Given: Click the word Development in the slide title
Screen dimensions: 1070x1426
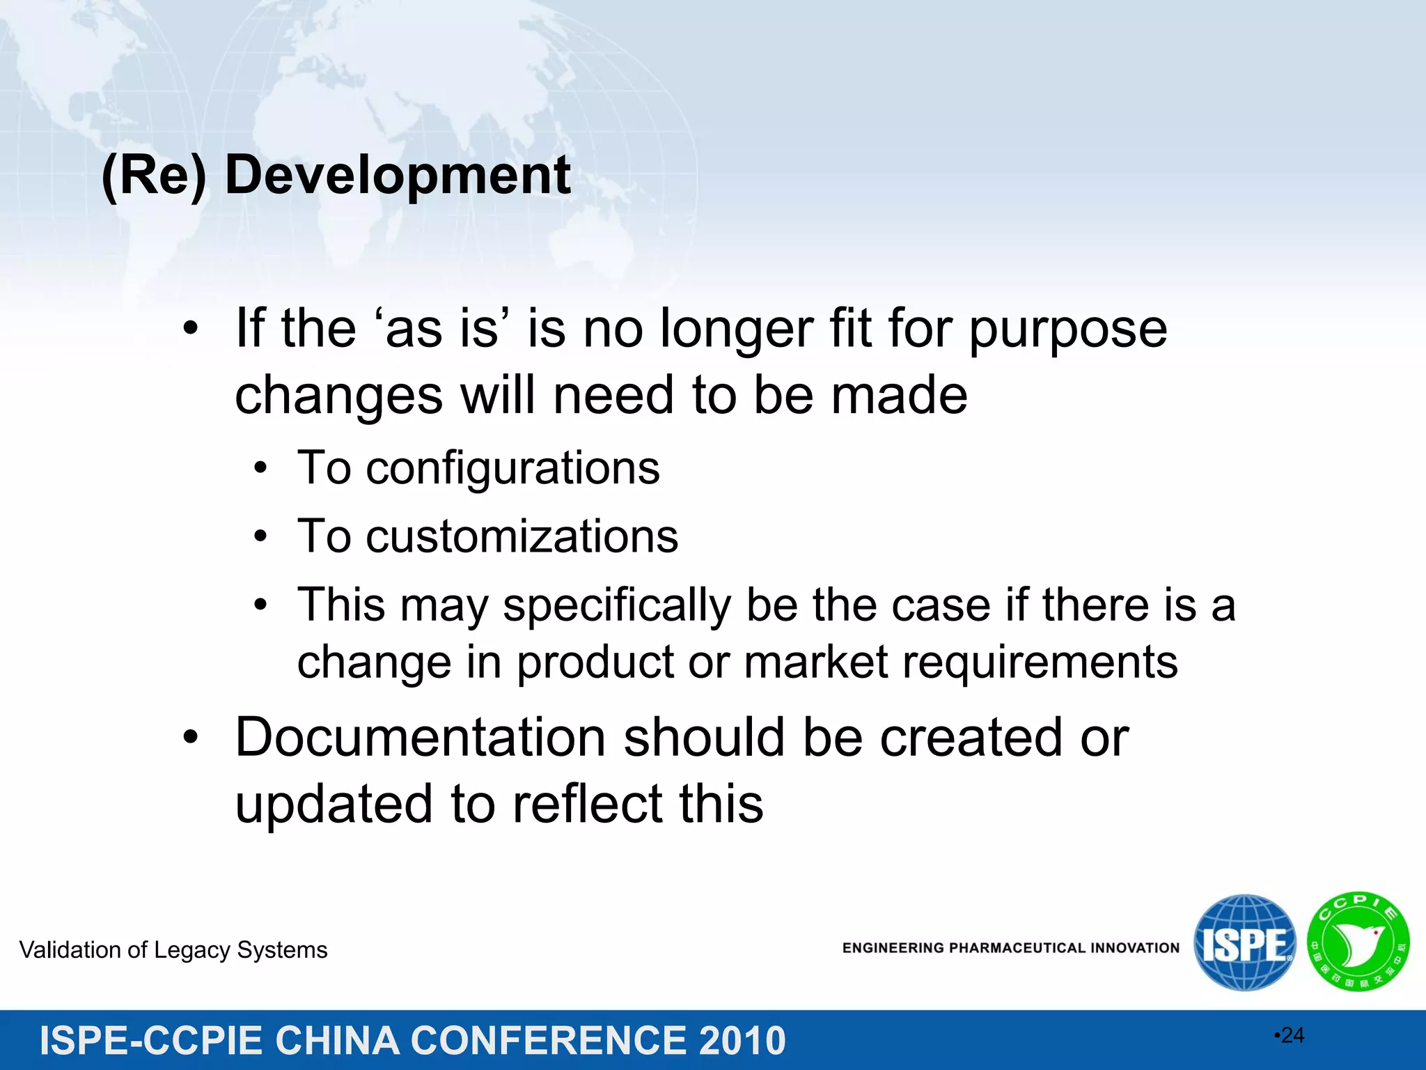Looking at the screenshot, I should (x=398, y=176).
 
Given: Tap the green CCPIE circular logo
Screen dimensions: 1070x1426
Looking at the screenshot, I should (x=1358, y=943).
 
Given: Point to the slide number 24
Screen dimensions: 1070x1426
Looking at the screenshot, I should (x=1292, y=1036).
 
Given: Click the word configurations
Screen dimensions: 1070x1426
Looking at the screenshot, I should (x=513, y=468).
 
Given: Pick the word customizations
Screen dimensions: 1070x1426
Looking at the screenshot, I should (x=522, y=536).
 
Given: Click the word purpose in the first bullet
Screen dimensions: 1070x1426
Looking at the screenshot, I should (x=1067, y=330).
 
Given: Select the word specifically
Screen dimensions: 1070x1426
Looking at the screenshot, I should (x=616, y=605).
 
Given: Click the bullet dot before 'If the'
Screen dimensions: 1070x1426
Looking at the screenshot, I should (x=191, y=329).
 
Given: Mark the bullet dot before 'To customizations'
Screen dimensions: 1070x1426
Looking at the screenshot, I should (x=260, y=537).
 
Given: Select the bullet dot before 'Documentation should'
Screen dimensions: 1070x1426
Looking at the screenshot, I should (x=191, y=738).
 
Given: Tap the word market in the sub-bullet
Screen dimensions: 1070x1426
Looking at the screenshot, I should (x=815, y=662).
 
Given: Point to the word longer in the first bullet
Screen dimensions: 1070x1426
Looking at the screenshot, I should (x=736, y=330).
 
